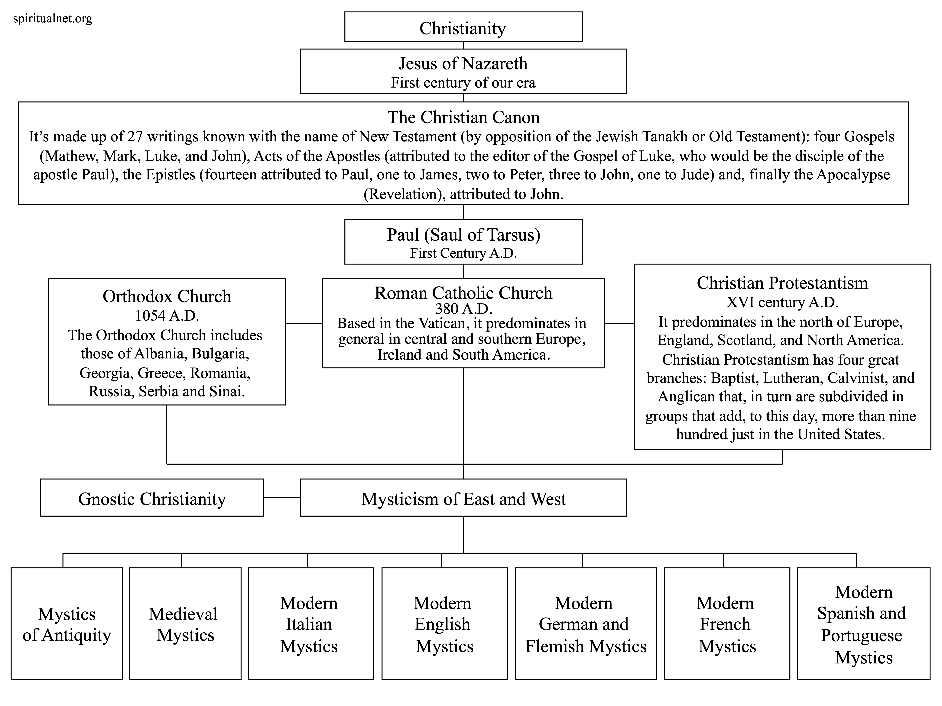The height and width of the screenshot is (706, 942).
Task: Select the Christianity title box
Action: (463, 27)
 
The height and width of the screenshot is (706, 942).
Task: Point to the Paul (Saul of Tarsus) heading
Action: (463, 234)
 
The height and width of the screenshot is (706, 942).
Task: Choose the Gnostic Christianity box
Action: (152, 497)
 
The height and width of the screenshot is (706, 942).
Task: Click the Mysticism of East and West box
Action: (463, 497)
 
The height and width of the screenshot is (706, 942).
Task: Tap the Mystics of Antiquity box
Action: (67, 623)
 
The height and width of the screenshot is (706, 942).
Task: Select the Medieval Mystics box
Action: (185, 623)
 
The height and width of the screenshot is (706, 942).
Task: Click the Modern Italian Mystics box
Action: (311, 623)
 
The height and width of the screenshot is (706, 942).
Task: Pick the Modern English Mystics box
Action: (445, 623)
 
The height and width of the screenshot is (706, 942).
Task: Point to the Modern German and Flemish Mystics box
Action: (586, 623)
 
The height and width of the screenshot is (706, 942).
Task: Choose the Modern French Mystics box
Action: (727, 623)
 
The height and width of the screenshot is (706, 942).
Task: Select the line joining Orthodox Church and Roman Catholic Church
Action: (304, 323)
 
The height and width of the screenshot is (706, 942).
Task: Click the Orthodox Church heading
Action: (167, 296)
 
